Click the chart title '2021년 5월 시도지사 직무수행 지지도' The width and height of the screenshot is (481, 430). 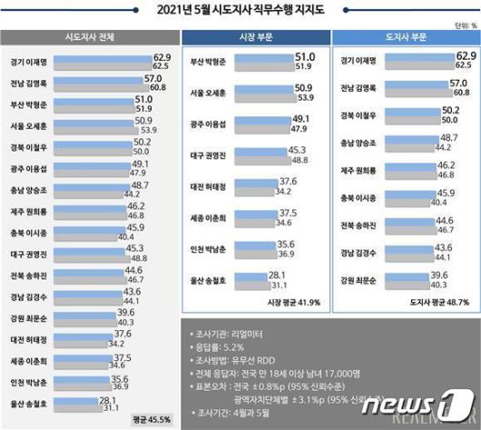240,9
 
